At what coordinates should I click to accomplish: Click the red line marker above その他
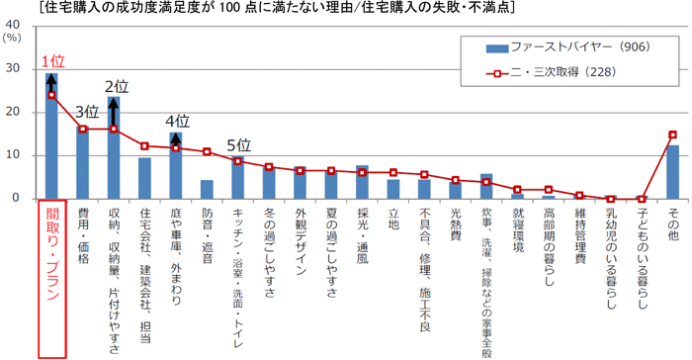pyautogui.click(x=672, y=135)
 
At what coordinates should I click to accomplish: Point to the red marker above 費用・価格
pyautogui.click(x=82, y=129)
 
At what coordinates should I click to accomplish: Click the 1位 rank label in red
pyautogui.click(x=54, y=61)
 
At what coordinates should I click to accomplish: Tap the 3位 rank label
pyautogui.click(x=87, y=111)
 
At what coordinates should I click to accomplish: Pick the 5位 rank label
pyautogui.click(x=238, y=144)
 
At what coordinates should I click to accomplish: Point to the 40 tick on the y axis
pyautogui.click(x=13, y=26)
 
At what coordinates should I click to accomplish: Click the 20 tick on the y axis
pyautogui.click(x=13, y=112)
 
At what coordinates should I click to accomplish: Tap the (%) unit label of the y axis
pyautogui.click(x=12, y=38)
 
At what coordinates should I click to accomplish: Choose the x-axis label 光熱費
pyautogui.click(x=455, y=225)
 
